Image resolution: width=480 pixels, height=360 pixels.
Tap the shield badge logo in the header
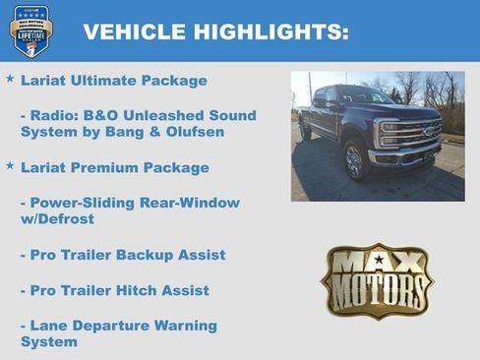(31, 30)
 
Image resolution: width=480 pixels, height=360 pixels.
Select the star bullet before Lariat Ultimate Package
(10, 78)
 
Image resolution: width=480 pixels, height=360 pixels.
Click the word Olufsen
(193, 132)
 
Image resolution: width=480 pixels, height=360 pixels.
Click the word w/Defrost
(57, 218)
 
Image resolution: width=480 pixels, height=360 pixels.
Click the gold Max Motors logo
(377, 279)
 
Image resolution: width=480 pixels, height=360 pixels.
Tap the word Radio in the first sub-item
(52, 115)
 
